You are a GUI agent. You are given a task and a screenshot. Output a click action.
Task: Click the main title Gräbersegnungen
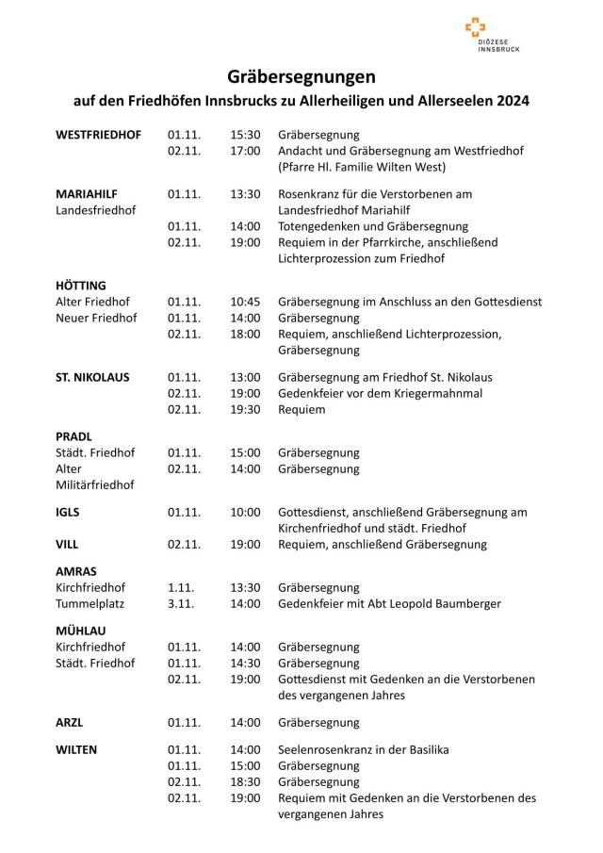[301, 75]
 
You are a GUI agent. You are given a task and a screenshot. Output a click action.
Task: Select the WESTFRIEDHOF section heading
[99, 135]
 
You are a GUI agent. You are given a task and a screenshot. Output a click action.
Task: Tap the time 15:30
[245, 135]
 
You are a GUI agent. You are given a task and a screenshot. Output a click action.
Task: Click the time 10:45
[245, 302]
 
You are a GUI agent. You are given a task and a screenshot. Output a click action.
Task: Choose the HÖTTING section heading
[81, 285]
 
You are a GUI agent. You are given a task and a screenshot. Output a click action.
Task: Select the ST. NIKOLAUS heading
[93, 377]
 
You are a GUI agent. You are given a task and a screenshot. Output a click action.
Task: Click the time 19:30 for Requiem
[245, 410]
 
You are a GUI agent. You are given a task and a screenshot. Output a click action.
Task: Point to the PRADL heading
[73, 436]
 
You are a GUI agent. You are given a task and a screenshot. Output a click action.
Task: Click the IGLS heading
[68, 512]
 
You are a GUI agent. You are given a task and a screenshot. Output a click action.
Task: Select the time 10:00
[245, 512]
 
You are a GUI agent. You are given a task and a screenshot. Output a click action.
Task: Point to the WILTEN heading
[76, 749]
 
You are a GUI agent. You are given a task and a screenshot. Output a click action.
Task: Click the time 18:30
[245, 782]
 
